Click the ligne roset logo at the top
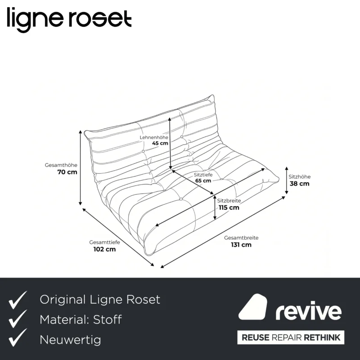click(69, 20)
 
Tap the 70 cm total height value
click(67, 172)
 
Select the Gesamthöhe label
click(61, 165)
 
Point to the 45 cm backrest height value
click(160, 143)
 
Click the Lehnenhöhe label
click(154, 137)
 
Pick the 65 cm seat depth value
click(203, 181)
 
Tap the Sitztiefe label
click(203, 175)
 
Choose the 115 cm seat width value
click(229, 207)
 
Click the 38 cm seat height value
click(299, 184)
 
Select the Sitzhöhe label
click(299, 177)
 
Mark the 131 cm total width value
click(241, 245)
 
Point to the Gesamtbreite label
click(241, 238)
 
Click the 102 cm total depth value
click(104, 249)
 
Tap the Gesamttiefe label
click(104, 242)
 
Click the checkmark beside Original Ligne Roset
click(18, 300)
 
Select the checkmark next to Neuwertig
click(18, 337)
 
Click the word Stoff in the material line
click(108, 319)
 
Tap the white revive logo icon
click(253, 307)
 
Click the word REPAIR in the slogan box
click(286, 337)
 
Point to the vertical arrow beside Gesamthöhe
click(81, 167)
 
